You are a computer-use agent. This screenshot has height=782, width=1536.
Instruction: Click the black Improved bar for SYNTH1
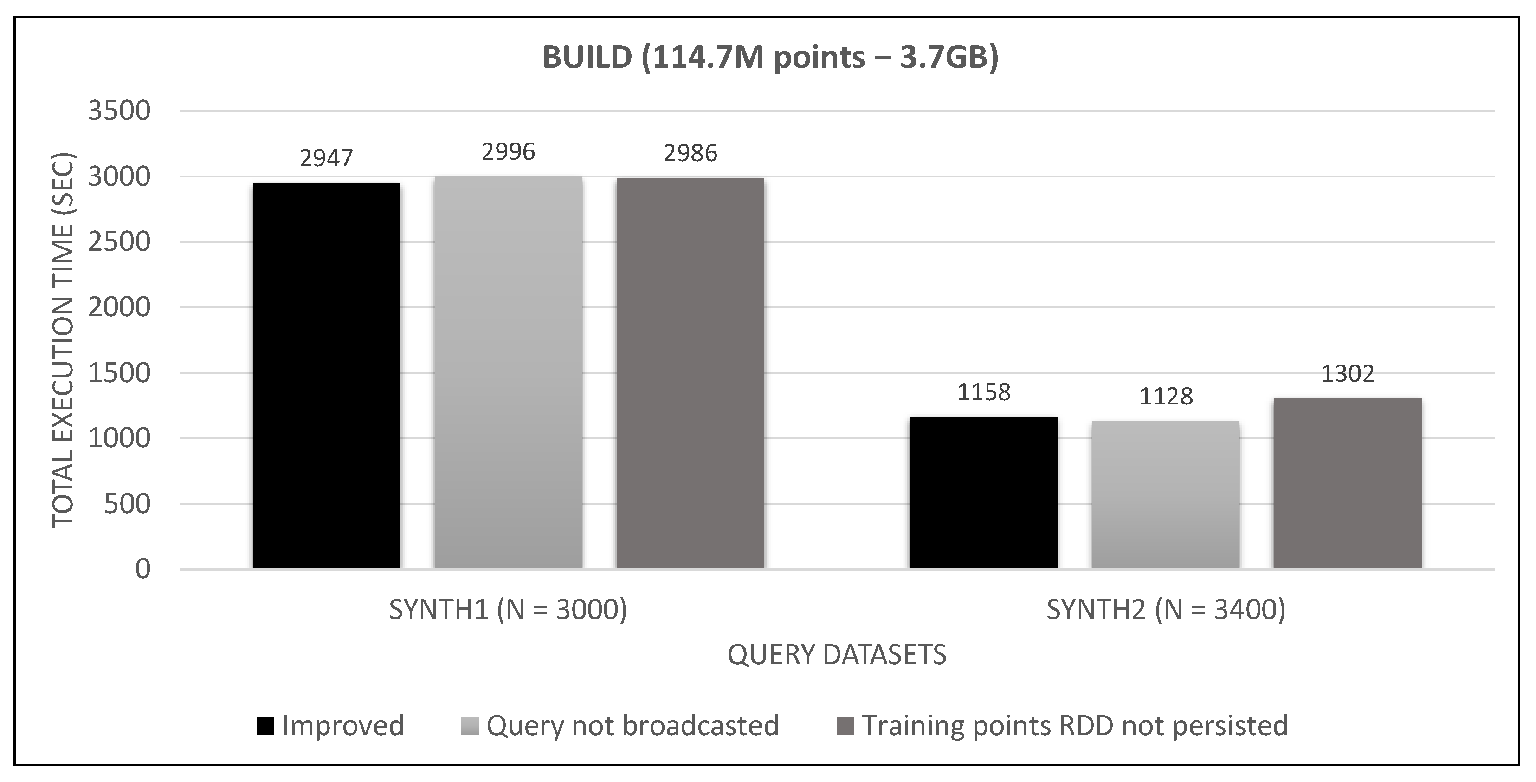326,376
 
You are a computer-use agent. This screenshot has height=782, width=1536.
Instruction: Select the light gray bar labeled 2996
508,372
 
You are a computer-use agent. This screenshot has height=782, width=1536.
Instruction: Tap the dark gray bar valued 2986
690,373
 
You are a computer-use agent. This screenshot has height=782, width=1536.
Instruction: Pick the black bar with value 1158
983,493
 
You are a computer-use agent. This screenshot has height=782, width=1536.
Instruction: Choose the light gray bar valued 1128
1165,495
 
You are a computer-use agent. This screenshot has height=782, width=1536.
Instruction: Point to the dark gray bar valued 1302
1348,483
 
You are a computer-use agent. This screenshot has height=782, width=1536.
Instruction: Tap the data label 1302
1348,374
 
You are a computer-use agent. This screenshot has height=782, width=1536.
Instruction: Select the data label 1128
1166,397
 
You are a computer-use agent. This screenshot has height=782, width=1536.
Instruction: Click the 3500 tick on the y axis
119,111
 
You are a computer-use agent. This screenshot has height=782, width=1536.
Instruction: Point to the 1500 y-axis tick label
119,373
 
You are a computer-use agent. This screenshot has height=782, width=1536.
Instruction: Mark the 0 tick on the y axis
142,570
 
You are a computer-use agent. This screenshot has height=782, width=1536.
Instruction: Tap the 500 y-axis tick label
127,504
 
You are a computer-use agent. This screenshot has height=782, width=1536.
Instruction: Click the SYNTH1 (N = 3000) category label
508,610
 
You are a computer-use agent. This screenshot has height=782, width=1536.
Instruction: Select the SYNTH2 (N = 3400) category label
1166,610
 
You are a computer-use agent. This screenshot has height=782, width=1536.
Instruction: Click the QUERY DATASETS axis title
837,655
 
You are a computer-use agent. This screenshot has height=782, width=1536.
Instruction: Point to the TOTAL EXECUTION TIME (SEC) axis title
63,340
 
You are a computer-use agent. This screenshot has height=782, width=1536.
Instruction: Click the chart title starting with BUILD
770,58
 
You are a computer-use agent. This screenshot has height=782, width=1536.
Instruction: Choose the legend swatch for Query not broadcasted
470,726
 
